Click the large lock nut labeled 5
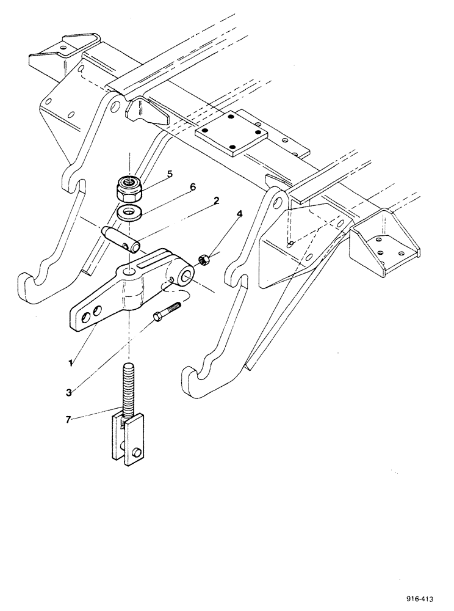[x=129, y=188]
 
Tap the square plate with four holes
[x=229, y=137]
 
